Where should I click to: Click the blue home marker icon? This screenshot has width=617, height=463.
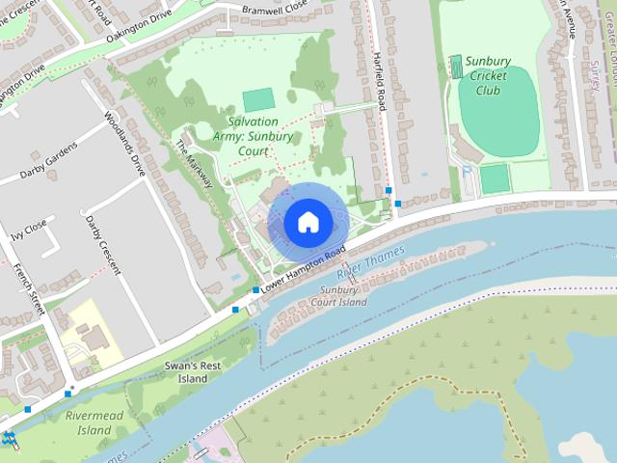pyautogui.click(x=308, y=223)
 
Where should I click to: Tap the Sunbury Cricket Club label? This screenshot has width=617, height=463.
pyautogui.click(x=488, y=76)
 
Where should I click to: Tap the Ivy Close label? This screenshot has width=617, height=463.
pyautogui.click(x=28, y=228)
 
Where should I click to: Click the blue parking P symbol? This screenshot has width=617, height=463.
pyautogui.click(x=467, y=171)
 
